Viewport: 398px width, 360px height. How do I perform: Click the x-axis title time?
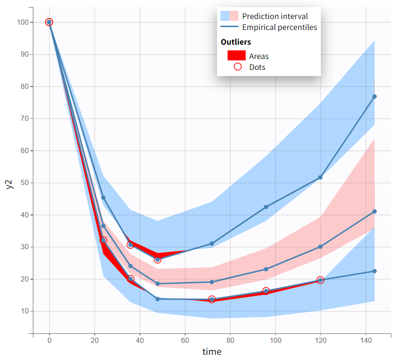[212, 352]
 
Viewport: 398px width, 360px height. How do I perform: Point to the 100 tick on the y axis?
[22, 22]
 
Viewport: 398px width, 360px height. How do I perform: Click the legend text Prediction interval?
[275, 16]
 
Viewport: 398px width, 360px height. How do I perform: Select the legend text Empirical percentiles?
[279, 27]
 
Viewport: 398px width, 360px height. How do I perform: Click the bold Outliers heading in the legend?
[236, 42]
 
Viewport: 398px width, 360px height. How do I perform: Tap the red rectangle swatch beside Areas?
[237, 55]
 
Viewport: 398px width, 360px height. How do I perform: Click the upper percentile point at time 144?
[375, 97]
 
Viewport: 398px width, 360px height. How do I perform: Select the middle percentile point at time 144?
[375, 212]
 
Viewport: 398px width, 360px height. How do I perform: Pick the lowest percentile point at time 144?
[375, 271]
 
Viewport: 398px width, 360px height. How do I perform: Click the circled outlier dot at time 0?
[49, 22]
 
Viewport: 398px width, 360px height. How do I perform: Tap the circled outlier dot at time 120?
[320, 280]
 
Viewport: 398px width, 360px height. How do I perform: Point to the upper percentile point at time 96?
[266, 207]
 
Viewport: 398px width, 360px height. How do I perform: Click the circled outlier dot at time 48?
[158, 260]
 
